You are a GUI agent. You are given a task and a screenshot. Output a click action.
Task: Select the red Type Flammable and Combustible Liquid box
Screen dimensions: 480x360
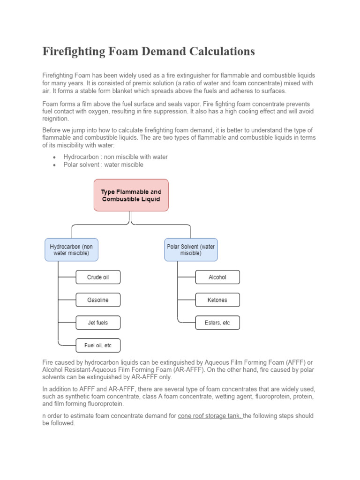131,195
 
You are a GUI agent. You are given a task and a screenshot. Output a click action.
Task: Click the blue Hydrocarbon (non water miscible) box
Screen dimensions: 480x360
72,249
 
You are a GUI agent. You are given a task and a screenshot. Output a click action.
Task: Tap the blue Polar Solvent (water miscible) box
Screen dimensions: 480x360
191,249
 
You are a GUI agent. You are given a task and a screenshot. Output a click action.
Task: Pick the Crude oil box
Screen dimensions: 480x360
98,277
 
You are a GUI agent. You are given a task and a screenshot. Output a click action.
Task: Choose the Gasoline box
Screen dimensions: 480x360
98,300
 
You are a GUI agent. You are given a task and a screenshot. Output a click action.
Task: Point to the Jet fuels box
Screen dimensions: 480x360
98,322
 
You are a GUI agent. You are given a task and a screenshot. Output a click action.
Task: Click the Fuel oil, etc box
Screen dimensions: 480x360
98,345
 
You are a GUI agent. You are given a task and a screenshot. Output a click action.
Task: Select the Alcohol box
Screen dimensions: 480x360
217,277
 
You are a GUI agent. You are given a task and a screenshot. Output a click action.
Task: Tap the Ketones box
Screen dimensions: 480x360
217,300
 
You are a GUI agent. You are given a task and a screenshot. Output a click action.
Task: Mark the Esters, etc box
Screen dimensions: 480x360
217,322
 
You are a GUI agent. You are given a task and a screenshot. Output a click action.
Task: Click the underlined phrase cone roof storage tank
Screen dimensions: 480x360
210,416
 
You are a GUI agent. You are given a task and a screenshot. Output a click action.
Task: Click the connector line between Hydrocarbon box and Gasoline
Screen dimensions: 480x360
67,300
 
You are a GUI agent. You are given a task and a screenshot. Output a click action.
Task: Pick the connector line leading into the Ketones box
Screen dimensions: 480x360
187,300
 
